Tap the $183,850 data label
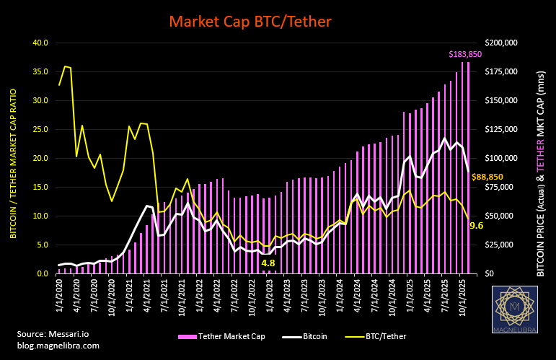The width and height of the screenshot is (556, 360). click(x=469, y=54)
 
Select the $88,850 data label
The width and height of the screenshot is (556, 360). click(x=487, y=177)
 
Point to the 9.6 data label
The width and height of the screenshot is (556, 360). click(x=477, y=226)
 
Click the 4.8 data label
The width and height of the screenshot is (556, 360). click(x=268, y=263)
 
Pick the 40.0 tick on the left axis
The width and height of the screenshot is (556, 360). click(x=40, y=43)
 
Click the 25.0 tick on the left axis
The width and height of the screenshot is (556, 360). click(x=40, y=129)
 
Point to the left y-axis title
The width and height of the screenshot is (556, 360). click(x=12, y=158)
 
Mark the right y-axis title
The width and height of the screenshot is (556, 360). click(x=542, y=158)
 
